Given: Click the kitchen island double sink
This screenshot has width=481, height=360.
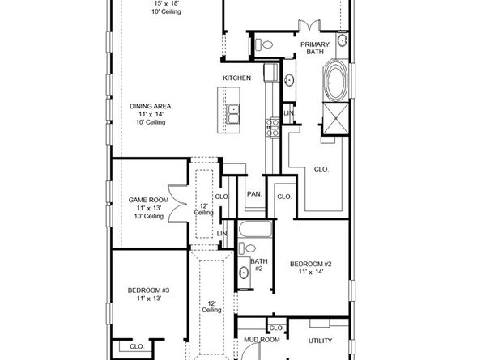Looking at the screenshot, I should click(x=233, y=114).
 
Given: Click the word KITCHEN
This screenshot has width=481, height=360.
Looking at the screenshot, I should click(x=237, y=78).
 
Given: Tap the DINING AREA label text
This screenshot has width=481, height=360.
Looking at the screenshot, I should click(x=148, y=105).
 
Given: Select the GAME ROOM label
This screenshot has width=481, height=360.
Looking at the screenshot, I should click(x=148, y=199).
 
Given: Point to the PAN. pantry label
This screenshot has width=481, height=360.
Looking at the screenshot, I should click(x=253, y=194).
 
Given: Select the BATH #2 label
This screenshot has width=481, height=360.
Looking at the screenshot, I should click(x=258, y=265).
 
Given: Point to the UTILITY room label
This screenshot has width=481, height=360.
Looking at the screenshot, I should click(x=320, y=340).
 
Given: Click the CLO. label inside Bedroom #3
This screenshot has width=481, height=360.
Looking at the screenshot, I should click(x=136, y=346).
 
